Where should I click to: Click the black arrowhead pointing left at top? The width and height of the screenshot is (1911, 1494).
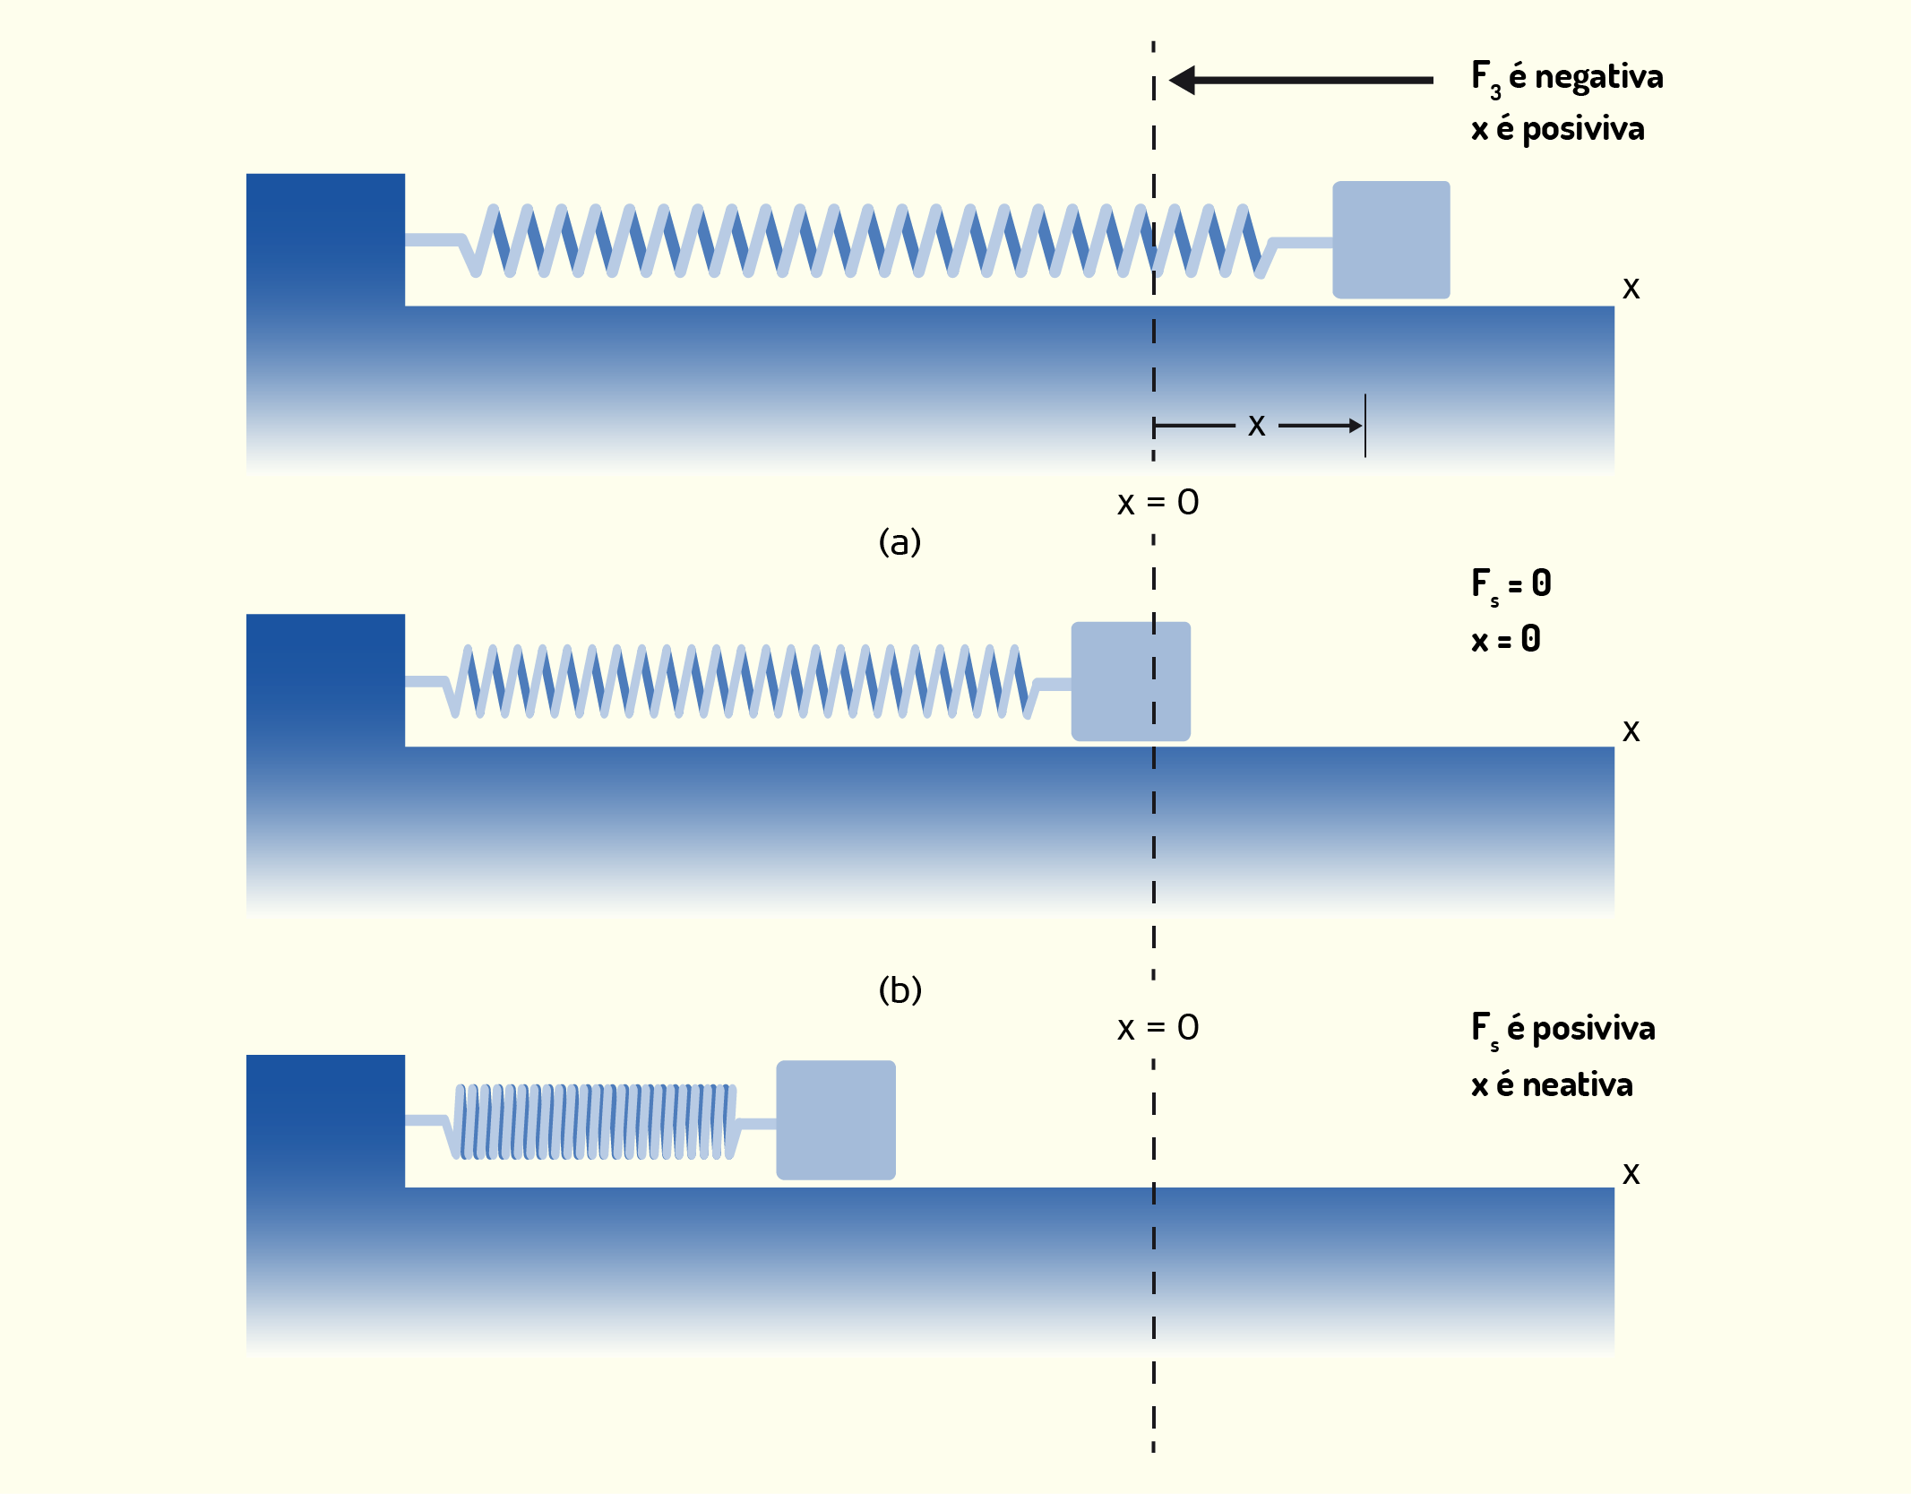click(1182, 80)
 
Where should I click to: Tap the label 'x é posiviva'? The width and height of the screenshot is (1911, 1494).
click(1558, 129)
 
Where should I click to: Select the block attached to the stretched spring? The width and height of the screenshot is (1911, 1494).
click(1391, 239)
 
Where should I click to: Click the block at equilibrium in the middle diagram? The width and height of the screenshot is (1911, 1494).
click(1131, 681)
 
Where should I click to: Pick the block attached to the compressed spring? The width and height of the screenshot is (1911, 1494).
click(836, 1120)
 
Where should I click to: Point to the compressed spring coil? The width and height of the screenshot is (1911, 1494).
click(596, 1121)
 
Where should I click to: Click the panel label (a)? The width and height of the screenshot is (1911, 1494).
click(900, 541)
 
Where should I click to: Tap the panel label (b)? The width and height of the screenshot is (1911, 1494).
click(900, 989)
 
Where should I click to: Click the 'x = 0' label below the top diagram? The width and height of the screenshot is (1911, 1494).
click(1158, 503)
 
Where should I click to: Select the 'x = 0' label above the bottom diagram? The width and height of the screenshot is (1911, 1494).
click(1158, 1028)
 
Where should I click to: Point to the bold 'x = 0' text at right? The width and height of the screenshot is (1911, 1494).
click(1506, 639)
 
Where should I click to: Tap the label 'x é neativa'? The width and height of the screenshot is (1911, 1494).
click(1552, 1084)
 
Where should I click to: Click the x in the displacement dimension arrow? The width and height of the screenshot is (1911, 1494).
click(1257, 426)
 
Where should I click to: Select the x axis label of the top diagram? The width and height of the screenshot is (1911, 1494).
click(1631, 289)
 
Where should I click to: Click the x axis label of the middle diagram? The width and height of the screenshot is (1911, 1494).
click(1631, 731)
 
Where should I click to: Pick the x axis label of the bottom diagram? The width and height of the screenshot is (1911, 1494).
click(1631, 1174)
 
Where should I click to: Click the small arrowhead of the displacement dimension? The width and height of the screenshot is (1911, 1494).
click(1356, 426)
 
